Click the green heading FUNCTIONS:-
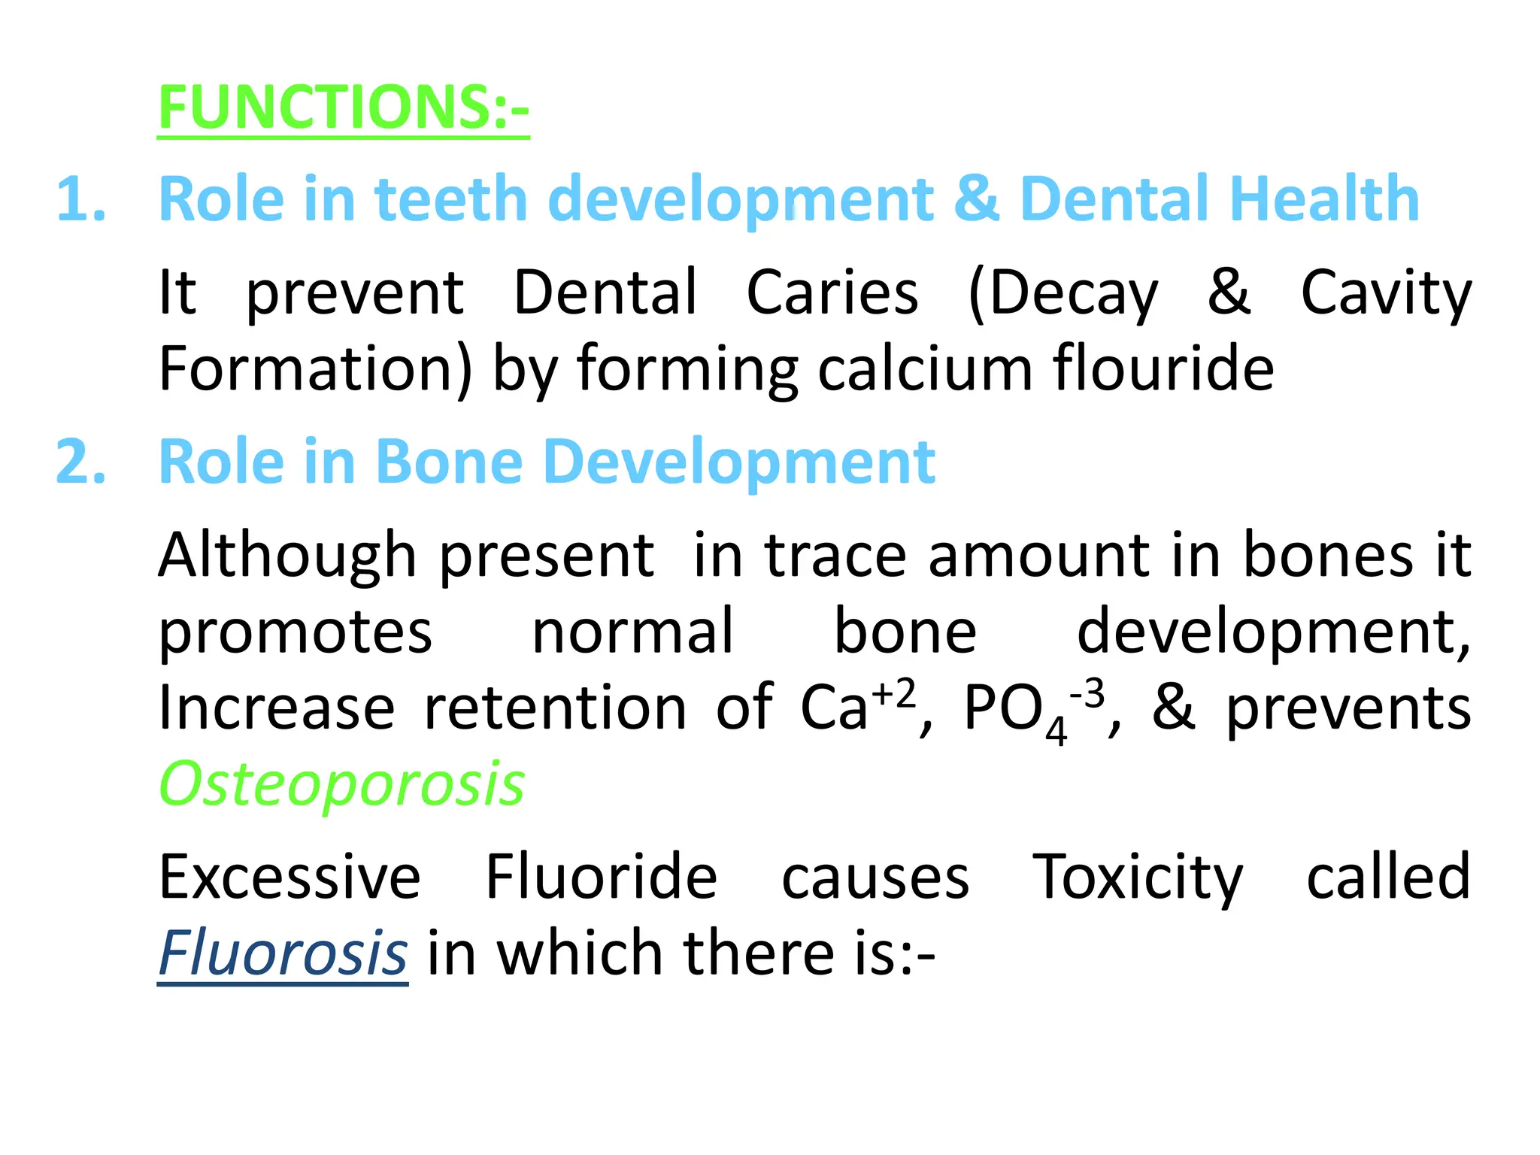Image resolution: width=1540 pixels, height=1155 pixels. tap(344, 108)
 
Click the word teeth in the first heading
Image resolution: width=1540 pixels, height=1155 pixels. tap(451, 199)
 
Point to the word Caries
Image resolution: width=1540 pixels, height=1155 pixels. tap(832, 293)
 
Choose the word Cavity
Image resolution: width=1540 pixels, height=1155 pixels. tap(1386, 294)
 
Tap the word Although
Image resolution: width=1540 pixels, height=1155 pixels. tap(287, 556)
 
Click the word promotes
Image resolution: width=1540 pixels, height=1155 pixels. tap(296, 632)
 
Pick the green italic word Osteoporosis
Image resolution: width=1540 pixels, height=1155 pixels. tap(341, 784)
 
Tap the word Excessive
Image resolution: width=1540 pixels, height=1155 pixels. tap(290, 877)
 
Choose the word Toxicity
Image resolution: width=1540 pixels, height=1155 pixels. tap(1138, 878)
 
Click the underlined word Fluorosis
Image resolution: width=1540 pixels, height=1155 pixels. tap(283, 953)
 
